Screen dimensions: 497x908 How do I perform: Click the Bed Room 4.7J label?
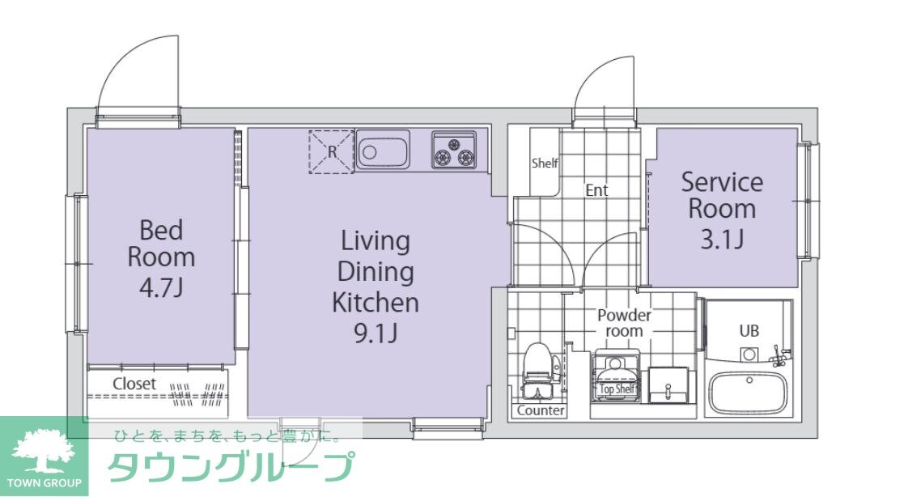pos(161,257)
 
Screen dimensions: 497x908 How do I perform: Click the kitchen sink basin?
pos(383,151)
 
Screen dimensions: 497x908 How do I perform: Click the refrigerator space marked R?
pos(332,151)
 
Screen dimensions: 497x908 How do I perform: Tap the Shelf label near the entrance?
pos(545,164)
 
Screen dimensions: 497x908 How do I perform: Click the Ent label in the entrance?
pos(596,191)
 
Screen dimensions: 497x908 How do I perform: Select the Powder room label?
pos(624,323)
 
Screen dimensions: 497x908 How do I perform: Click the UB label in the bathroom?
pos(749,331)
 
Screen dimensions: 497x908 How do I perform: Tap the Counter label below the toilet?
pos(541,410)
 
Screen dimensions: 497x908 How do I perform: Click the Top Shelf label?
pos(617,389)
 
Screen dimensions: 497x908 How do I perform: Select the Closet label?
pos(134,384)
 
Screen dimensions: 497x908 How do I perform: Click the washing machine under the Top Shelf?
pos(617,374)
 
